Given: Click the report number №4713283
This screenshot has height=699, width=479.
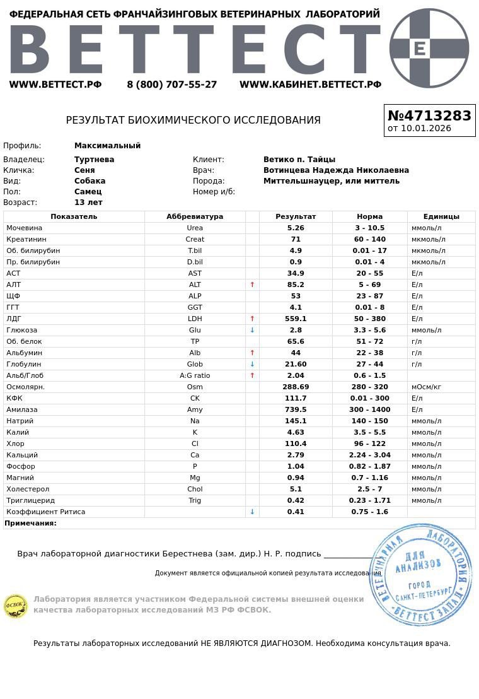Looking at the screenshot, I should [x=429, y=115].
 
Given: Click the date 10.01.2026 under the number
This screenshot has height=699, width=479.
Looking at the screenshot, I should [x=419, y=129].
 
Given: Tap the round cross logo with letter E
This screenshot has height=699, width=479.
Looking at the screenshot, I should [x=429, y=48].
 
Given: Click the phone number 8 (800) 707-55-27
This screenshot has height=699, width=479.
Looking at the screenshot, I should [x=171, y=85].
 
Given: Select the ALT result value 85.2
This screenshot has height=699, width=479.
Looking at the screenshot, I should [x=296, y=285].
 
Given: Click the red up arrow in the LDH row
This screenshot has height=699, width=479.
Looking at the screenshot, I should [x=252, y=319].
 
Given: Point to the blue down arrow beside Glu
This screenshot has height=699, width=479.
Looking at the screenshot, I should [x=252, y=330].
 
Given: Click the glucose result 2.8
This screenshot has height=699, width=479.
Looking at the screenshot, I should [x=296, y=330].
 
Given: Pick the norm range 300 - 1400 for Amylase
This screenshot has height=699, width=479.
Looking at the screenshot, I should [x=369, y=409].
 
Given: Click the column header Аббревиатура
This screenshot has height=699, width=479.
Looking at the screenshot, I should [x=195, y=216].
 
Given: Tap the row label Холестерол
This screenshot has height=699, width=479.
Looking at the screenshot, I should [x=28, y=489].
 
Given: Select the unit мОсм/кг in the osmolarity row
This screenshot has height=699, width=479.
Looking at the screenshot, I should [x=426, y=387].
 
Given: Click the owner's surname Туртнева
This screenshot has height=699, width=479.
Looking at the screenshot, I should [x=95, y=160].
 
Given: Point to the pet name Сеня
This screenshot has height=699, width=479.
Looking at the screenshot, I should [x=84, y=170].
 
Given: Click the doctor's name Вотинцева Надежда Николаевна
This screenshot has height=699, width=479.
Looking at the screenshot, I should [x=336, y=170].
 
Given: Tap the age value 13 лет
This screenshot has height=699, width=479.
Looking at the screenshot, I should [x=88, y=203].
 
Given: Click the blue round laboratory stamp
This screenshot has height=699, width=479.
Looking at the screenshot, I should [x=420, y=574].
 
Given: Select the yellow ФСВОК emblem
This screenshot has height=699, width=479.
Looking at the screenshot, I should [x=16, y=606].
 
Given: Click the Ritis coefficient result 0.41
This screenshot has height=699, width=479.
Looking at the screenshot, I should [x=296, y=512].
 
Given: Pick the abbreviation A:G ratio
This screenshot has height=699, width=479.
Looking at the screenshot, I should [x=195, y=375].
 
